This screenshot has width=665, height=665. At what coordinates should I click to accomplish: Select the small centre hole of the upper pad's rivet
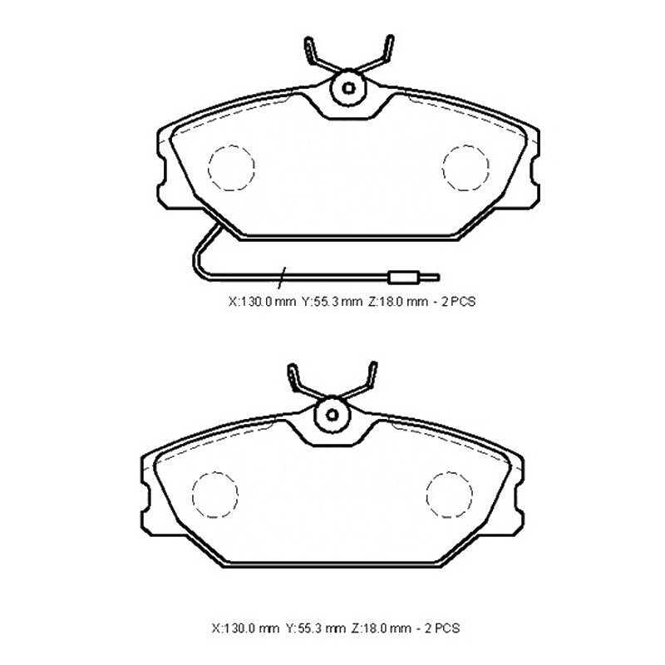point(348,88)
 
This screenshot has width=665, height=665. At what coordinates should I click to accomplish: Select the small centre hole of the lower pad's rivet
point(332,415)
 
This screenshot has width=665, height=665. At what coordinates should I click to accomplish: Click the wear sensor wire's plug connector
point(405,278)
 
